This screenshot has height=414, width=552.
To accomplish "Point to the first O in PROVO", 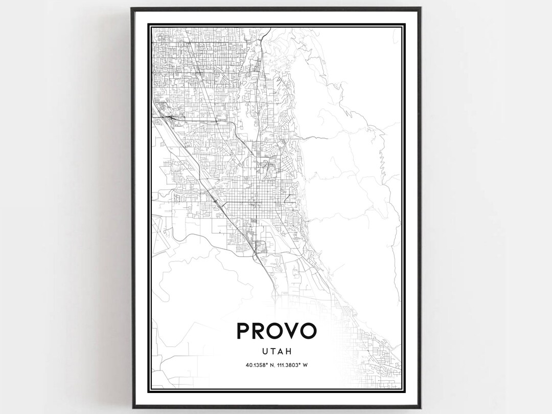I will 276,331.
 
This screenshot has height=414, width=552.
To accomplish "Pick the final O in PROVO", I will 308,331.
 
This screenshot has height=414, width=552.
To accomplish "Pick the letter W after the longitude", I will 305,365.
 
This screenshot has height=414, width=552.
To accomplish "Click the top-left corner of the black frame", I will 132,8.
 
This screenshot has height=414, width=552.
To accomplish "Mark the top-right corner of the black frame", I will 421,8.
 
